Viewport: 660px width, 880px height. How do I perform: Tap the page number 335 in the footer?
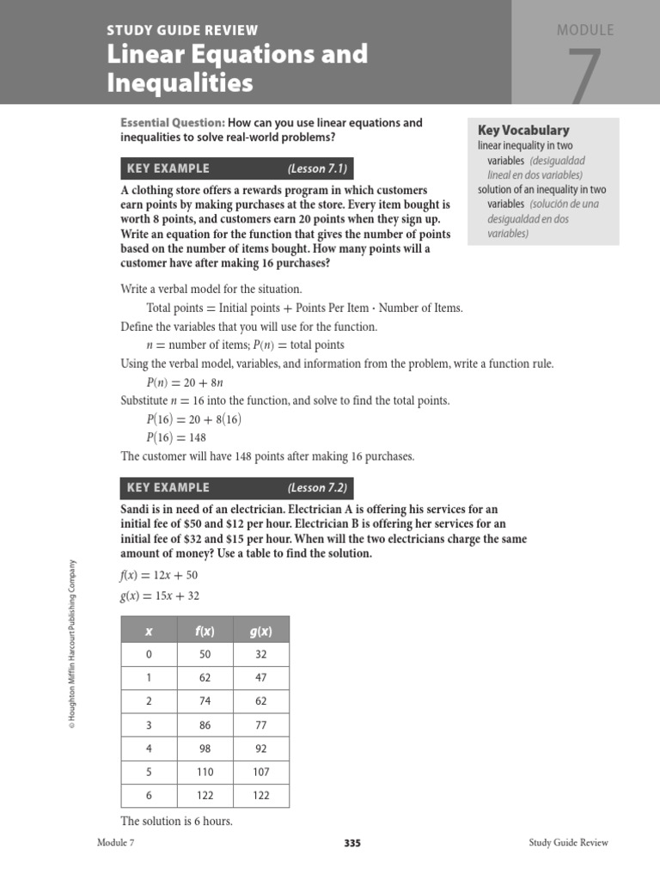point(352,843)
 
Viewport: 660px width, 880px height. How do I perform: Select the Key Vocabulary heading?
point(523,131)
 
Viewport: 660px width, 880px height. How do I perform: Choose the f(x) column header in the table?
point(205,631)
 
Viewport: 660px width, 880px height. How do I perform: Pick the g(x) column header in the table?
point(261,631)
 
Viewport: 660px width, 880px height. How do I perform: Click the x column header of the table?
point(149,631)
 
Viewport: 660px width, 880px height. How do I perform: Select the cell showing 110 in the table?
point(205,772)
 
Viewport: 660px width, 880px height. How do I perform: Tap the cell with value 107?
point(261,772)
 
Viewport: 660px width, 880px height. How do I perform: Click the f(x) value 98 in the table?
point(205,749)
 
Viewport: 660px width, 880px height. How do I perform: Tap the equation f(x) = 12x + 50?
point(159,574)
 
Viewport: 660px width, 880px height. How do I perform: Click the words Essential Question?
point(173,123)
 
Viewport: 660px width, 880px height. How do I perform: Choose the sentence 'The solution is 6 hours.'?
point(177,821)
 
